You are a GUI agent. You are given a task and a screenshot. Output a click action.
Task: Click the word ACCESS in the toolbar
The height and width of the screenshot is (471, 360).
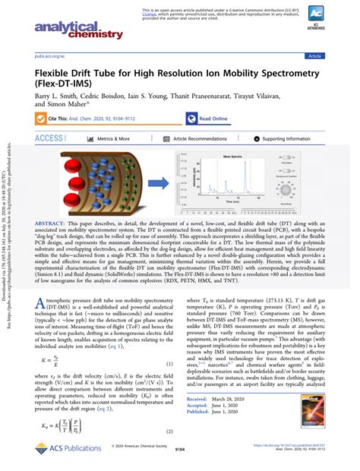click(49, 138)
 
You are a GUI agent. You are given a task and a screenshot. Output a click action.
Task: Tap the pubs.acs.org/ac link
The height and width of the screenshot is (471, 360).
click(48, 56)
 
